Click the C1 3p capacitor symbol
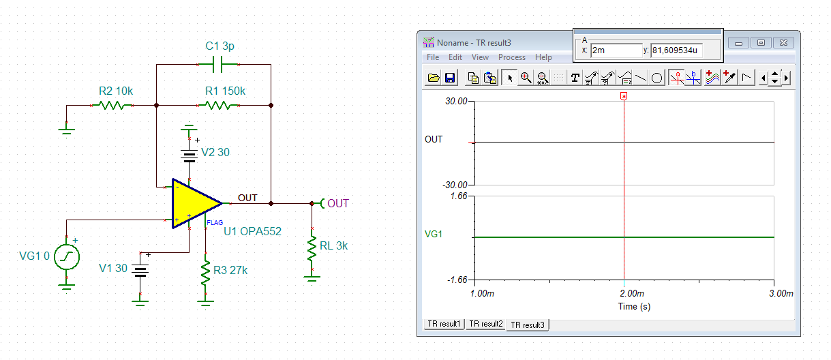tap(217, 65)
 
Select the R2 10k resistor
tap(112, 106)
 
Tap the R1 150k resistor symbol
tap(218, 106)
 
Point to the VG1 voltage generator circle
tap(67, 256)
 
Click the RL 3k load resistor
tap(312, 248)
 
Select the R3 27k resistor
tap(205, 273)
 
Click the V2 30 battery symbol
tap(190, 156)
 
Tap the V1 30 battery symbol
tap(140, 271)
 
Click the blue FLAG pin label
tap(215, 223)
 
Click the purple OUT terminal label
tap(338, 203)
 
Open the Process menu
tap(511, 57)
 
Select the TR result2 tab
tap(485, 324)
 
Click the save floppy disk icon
tap(450, 78)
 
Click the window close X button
tap(783, 43)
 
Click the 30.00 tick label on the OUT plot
tap(456, 101)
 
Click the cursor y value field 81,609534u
tap(676, 50)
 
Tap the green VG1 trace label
tap(434, 234)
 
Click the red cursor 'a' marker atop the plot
tap(624, 97)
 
